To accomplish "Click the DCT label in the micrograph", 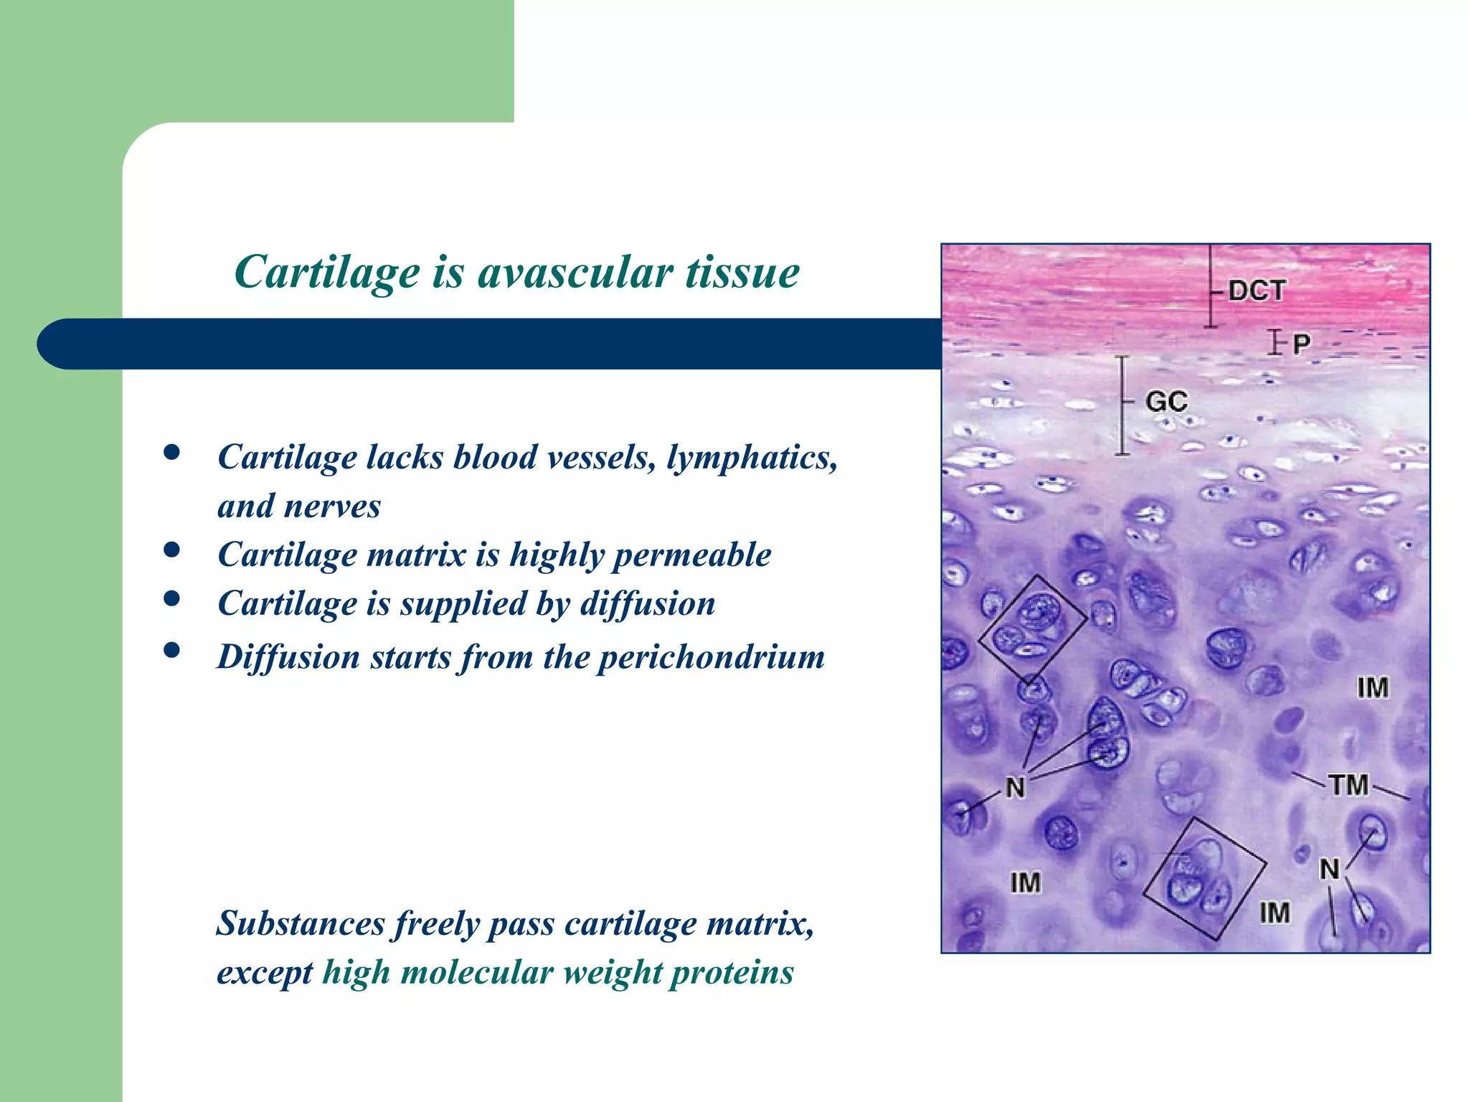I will click(x=1256, y=291).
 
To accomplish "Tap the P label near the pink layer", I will click(x=1301, y=344).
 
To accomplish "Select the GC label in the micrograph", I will click(x=1166, y=401).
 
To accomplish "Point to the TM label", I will click(x=1348, y=785).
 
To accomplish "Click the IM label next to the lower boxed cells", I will click(x=1275, y=913).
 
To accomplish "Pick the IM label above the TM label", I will click(x=1372, y=688).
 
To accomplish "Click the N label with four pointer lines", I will click(x=1015, y=788).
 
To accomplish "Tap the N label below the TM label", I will click(x=1329, y=870).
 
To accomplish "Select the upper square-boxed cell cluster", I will click(x=1033, y=628).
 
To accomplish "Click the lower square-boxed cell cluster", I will click(x=1204, y=879).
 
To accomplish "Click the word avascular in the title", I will click(x=575, y=273).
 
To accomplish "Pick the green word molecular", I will click(x=476, y=974).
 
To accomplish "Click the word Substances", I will click(x=301, y=923).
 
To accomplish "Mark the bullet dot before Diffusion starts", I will click(x=171, y=650).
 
